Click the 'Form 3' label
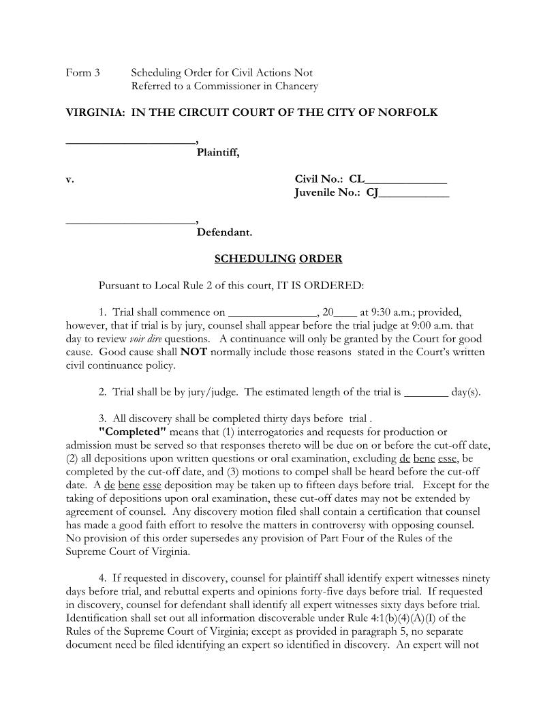(82, 72)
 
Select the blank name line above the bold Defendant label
(129, 223)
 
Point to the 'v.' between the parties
(69, 179)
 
